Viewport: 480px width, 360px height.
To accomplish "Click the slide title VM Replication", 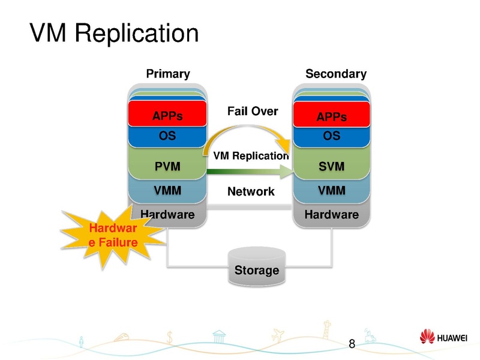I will [x=114, y=33].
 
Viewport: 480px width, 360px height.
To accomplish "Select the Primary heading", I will [x=168, y=74].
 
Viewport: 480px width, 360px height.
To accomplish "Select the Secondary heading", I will [x=335, y=74].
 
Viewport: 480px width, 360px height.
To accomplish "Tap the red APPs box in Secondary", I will [x=331, y=115].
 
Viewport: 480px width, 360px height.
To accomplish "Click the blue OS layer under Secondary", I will [x=331, y=136].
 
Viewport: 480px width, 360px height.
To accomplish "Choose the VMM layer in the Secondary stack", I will [x=331, y=191].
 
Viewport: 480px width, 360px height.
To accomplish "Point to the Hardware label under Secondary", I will [x=331, y=214].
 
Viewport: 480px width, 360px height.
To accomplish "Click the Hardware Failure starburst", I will [x=113, y=235].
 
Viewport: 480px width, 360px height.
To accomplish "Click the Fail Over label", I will [x=252, y=111].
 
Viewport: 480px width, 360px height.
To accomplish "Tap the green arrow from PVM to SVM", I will [x=249, y=172].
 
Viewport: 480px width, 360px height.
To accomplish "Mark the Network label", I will [x=250, y=192].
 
